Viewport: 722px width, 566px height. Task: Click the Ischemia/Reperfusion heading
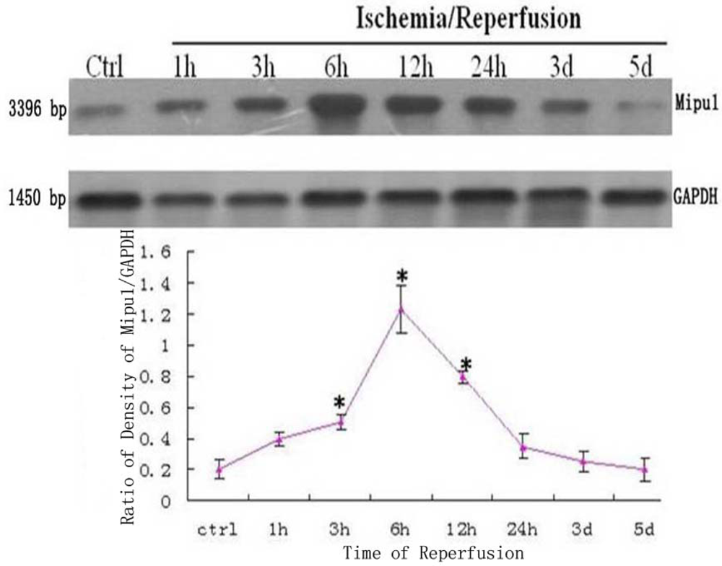pyautogui.click(x=469, y=19)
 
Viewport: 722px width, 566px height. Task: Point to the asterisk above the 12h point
pyautogui.click(x=466, y=365)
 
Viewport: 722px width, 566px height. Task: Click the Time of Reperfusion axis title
pyautogui.click(x=432, y=554)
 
